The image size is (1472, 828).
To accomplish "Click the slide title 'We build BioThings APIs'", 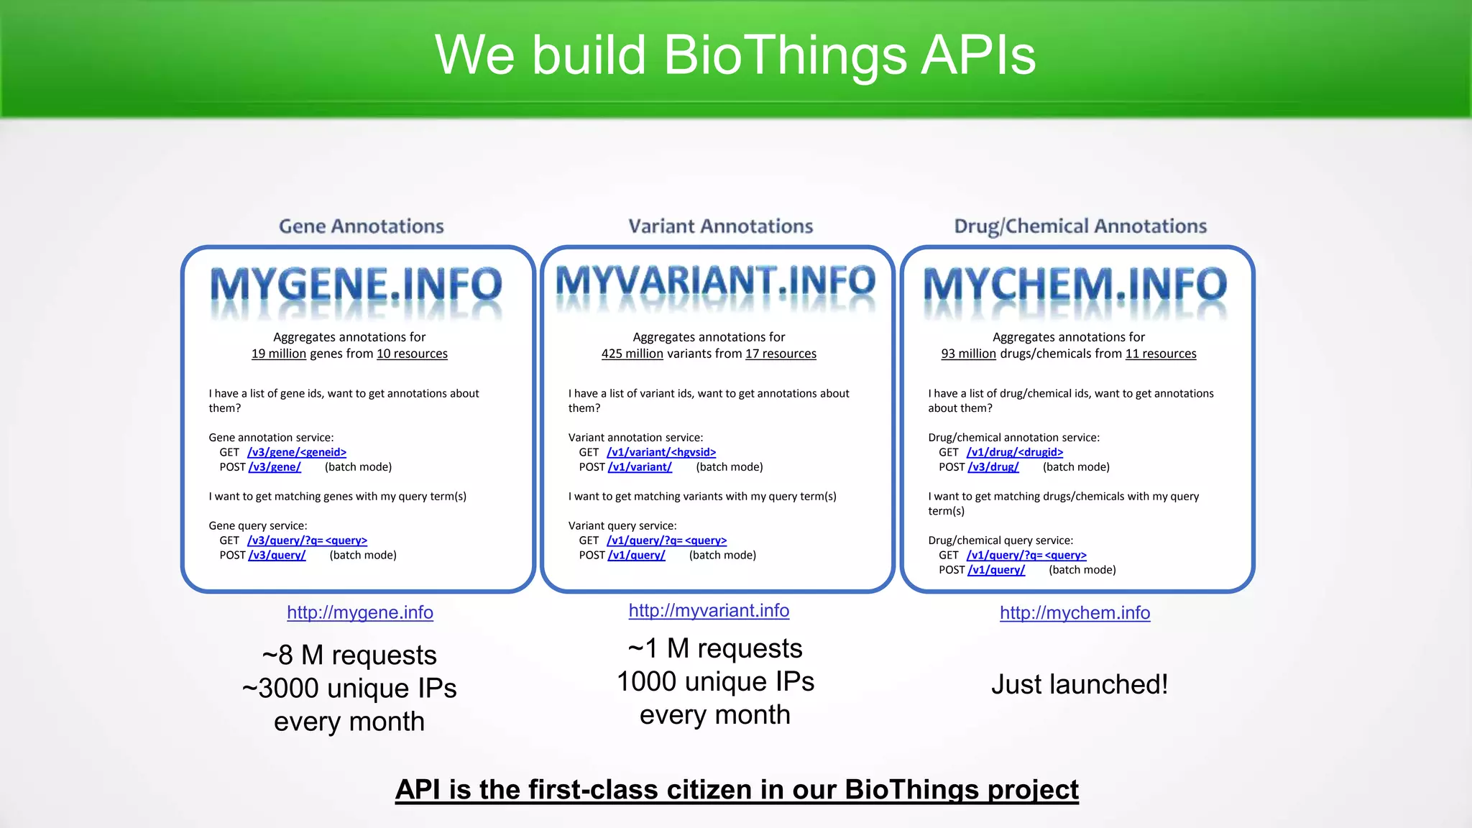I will pyautogui.click(x=735, y=55).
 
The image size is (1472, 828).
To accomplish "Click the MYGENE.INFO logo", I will pyautogui.click(x=356, y=285).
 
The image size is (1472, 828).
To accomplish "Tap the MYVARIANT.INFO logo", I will pyautogui.click(x=716, y=282).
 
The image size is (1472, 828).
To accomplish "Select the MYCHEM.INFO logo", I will pyautogui.click(x=1075, y=285).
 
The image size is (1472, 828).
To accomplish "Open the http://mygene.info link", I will pyautogui.click(x=359, y=612).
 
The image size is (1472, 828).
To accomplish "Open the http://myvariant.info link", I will pyautogui.click(x=709, y=610).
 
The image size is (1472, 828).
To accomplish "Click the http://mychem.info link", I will pyautogui.click(x=1075, y=612).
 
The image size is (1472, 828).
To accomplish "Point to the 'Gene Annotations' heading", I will pyautogui.click(x=361, y=226).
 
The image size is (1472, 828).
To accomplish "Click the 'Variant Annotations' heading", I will pyautogui.click(x=720, y=226).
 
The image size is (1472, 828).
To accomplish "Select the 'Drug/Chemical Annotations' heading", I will pyautogui.click(x=1080, y=226).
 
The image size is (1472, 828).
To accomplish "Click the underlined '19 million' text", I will pyautogui.click(x=278, y=354).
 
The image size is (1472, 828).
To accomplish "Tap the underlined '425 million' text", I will pyautogui.click(x=632, y=354).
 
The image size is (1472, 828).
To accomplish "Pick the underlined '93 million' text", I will pyautogui.click(x=968, y=354).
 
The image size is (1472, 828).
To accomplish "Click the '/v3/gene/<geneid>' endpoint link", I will pyautogui.click(x=297, y=452).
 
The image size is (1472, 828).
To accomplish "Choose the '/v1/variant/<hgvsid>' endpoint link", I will pyautogui.click(x=661, y=452).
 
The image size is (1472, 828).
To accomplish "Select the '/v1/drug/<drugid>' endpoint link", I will pyautogui.click(x=1015, y=452).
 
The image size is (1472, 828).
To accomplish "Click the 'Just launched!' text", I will pyautogui.click(x=1080, y=684).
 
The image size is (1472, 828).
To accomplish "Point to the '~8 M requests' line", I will pyautogui.click(x=349, y=655).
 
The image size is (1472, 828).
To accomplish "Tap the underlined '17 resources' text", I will pyautogui.click(x=781, y=354).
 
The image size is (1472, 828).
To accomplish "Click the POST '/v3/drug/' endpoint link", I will pyautogui.click(x=993, y=467).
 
